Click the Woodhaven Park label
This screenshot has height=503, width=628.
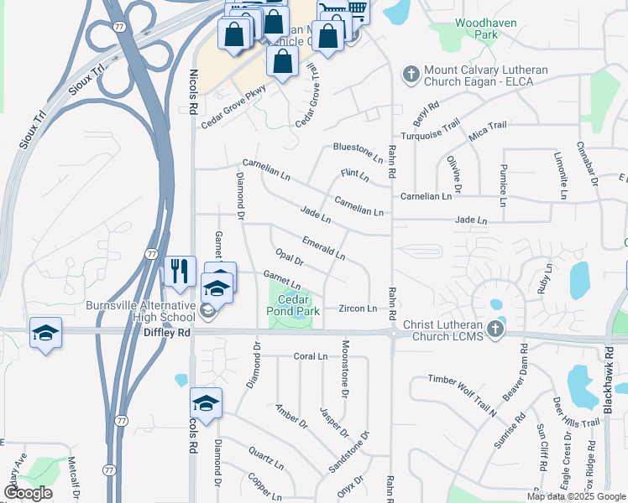coord(475,29)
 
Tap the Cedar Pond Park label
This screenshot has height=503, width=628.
coord(300,305)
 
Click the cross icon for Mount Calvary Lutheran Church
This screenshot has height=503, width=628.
coord(411,75)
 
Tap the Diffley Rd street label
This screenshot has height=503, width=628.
coord(167,332)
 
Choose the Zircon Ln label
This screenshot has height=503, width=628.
coord(358,309)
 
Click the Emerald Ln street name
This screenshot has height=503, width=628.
coord(323,247)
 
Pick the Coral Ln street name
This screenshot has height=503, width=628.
coord(310,356)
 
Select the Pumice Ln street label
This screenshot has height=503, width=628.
coord(503,186)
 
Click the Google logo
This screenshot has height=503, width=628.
coord(28,493)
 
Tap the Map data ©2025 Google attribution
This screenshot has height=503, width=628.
coord(575,496)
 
